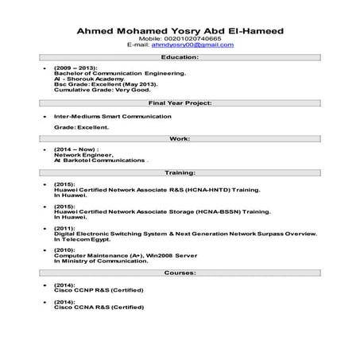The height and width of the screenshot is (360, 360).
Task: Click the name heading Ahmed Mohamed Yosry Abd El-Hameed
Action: pos(180,31)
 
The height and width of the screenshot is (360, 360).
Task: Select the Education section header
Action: pos(180,58)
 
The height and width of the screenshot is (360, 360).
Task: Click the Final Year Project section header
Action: pos(180,103)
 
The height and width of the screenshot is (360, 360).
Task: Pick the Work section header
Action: pos(180,138)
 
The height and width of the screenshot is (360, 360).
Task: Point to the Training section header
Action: pos(180,172)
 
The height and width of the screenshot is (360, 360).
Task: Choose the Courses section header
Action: pos(180,272)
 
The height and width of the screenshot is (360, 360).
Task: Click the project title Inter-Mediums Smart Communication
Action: pos(112,116)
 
